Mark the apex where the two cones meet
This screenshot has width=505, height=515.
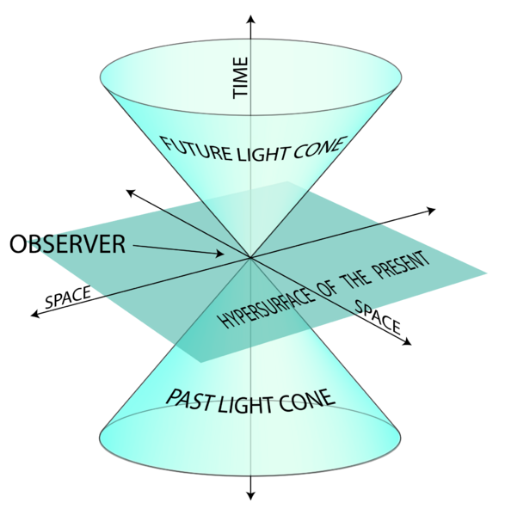click(250, 257)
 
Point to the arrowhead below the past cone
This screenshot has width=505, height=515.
click(250, 495)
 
